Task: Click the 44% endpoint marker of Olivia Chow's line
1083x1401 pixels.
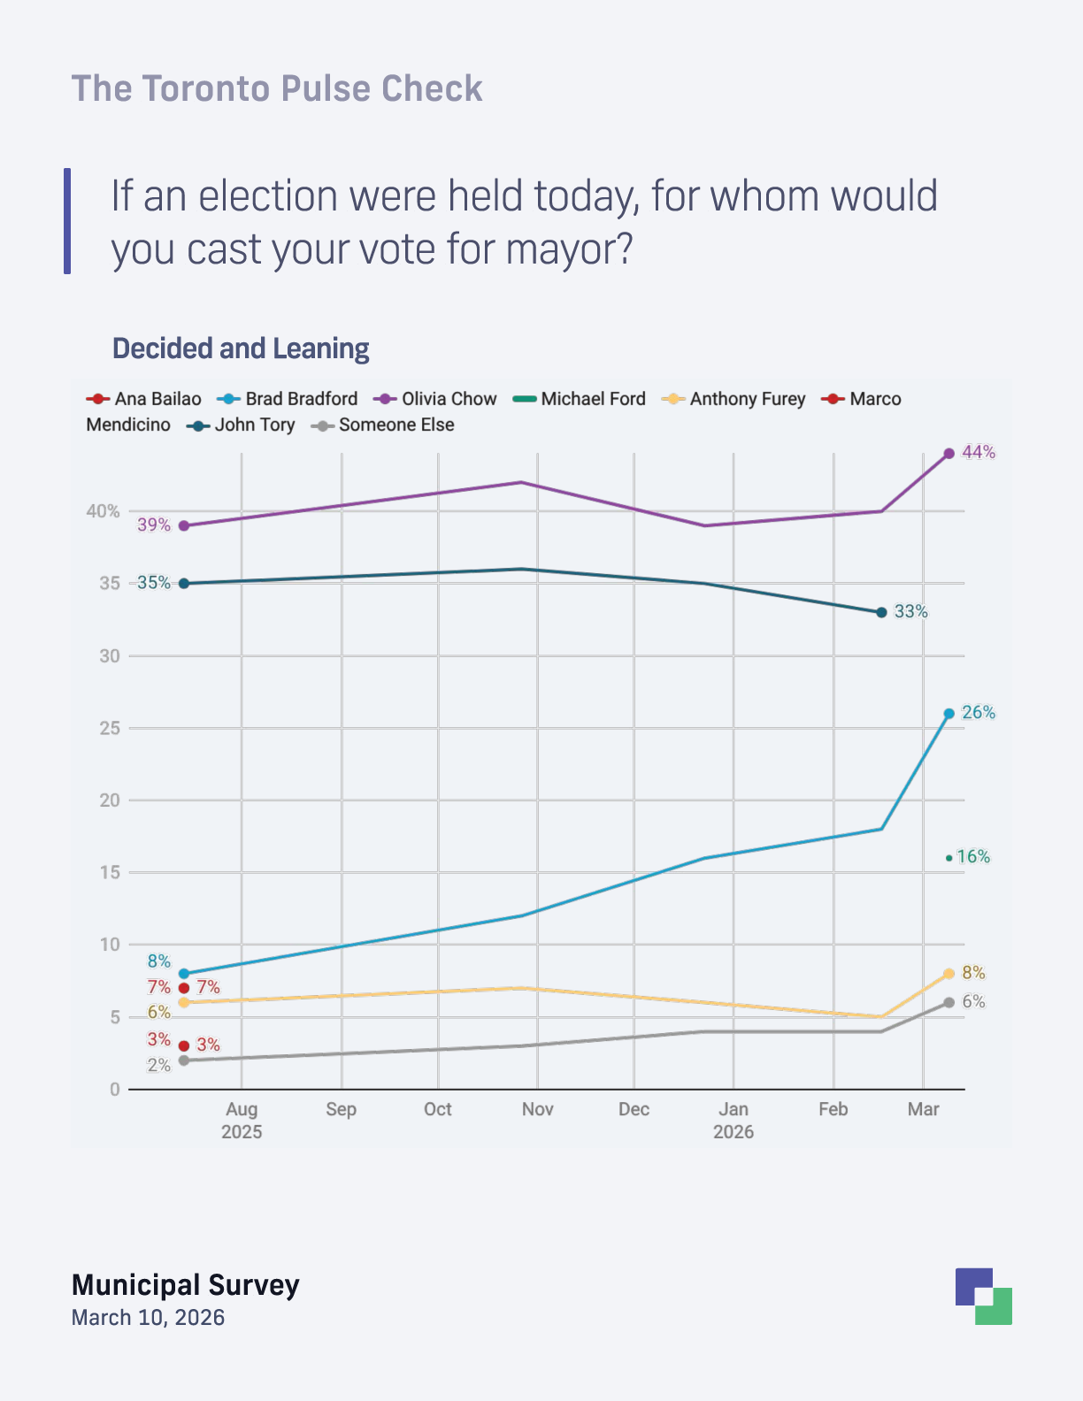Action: (x=949, y=453)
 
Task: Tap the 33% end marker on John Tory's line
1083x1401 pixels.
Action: (x=881, y=612)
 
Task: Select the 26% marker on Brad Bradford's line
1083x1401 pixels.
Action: (x=949, y=713)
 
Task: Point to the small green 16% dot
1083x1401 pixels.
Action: (x=949, y=857)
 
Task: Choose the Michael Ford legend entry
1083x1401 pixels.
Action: (x=580, y=399)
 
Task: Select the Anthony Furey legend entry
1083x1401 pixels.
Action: (x=734, y=399)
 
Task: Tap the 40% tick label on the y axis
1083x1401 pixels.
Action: (x=103, y=511)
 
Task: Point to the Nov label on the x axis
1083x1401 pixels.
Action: (x=537, y=1109)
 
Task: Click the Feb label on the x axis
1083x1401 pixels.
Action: (x=833, y=1109)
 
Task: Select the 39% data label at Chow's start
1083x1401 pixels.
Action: (x=154, y=525)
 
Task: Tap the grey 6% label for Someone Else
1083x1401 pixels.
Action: (x=973, y=1002)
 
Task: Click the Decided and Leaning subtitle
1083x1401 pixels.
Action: (x=241, y=348)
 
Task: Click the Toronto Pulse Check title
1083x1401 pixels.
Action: (x=277, y=88)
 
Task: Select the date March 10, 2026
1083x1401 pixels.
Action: (x=148, y=1317)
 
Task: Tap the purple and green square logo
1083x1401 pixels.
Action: (x=983, y=1296)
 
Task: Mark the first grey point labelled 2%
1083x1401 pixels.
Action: (x=183, y=1060)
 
